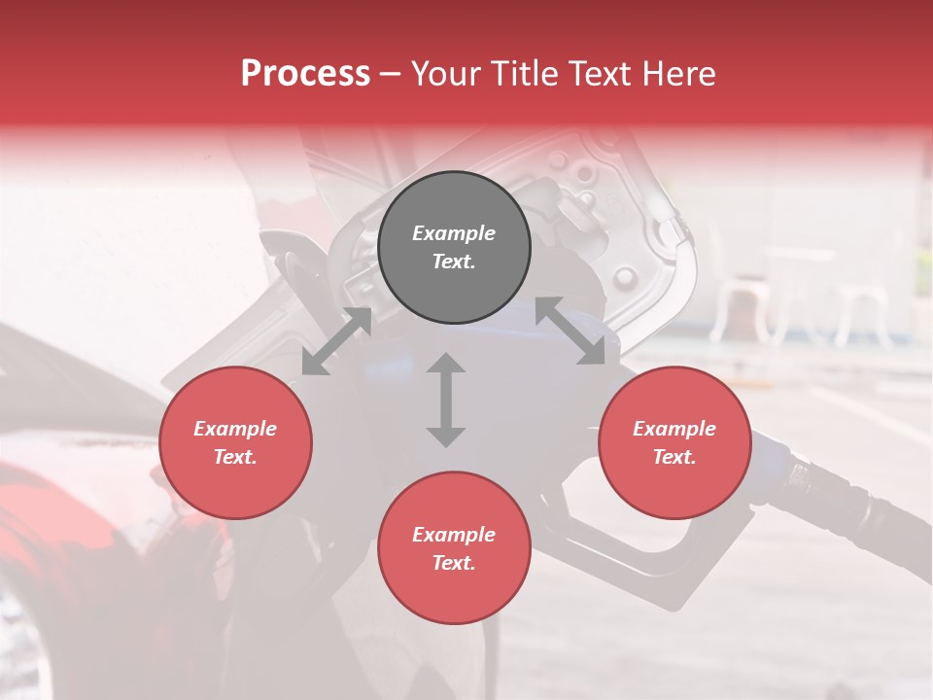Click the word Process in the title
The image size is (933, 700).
click(305, 74)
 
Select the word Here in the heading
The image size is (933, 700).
click(676, 74)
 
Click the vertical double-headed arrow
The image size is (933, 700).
click(446, 400)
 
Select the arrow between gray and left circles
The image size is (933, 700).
click(336, 341)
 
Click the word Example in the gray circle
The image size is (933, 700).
click(454, 233)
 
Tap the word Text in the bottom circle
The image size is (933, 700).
click(453, 563)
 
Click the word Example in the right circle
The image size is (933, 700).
click(674, 429)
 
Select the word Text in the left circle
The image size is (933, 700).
click(234, 457)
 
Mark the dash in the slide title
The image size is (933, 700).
click(391, 74)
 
